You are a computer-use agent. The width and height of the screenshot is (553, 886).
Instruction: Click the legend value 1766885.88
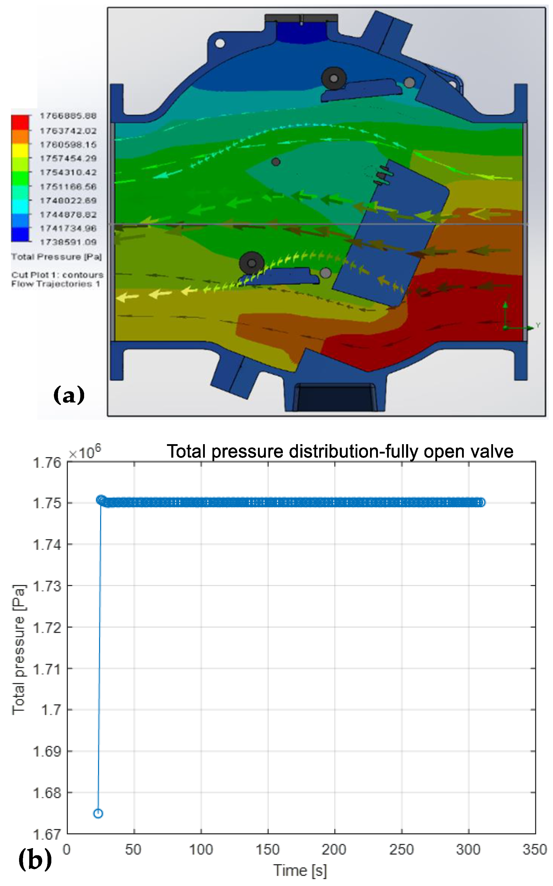tap(68, 116)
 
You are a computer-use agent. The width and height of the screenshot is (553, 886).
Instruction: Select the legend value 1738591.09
tap(68, 242)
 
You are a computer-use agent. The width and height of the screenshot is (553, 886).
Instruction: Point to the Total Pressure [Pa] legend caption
tap(56, 257)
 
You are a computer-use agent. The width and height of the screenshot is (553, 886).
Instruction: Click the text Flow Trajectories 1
tap(56, 284)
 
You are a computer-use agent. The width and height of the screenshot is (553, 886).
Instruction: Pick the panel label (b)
tap(35, 860)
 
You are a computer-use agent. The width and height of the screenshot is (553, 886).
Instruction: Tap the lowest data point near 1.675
tap(98, 813)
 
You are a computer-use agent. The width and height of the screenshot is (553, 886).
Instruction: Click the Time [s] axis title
tap(300, 870)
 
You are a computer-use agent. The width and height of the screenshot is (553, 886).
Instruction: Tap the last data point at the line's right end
tap(482, 502)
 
